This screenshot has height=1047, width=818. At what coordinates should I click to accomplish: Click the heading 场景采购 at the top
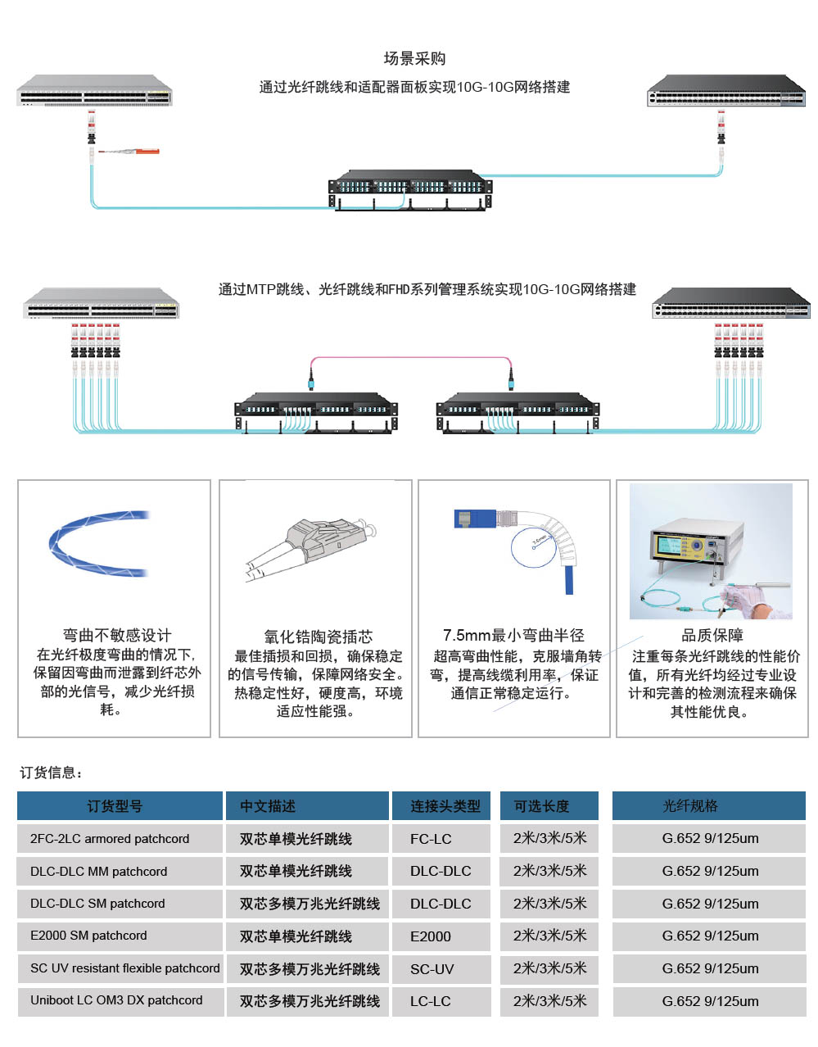[414, 58]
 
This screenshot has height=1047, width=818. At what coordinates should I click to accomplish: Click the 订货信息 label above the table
[51, 773]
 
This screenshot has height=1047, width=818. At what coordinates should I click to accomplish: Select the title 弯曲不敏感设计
[117, 635]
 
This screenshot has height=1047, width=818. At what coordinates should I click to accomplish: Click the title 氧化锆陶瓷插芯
[318, 637]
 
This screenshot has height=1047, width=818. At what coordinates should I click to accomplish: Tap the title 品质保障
[712, 635]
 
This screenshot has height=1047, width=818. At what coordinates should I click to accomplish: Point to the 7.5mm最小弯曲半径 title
[513, 635]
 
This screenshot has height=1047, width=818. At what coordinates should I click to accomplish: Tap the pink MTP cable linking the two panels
[409, 359]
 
